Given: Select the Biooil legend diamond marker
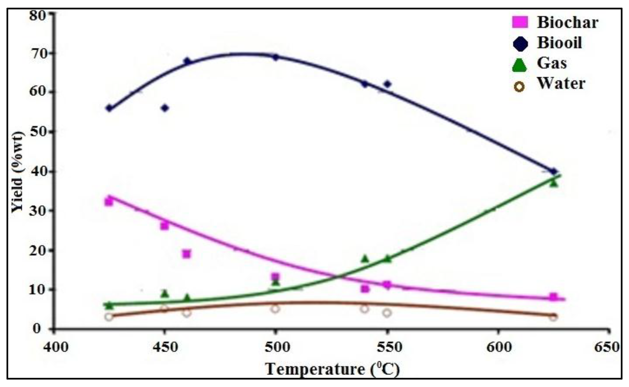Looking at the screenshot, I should pyautogui.click(x=520, y=44).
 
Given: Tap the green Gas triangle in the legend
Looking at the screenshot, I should pyautogui.click(x=520, y=65).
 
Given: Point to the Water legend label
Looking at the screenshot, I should pyautogui.click(x=561, y=84).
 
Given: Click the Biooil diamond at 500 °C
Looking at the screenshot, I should pyautogui.click(x=275, y=57).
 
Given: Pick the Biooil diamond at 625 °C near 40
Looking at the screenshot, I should pyautogui.click(x=553, y=172).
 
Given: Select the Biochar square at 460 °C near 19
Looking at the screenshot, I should pyautogui.click(x=187, y=254).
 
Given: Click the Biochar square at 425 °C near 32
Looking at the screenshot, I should pyautogui.click(x=109, y=202).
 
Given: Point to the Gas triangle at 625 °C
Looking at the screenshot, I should pyautogui.click(x=554, y=183).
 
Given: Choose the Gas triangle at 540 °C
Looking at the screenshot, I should pyautogui.click(x=365, y=259).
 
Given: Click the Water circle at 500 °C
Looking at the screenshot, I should pyautogui.click(x=275, y=309).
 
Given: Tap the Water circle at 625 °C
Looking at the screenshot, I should pyautogui.click(x=553, y=317).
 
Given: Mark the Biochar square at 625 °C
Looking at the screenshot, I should pyautogui.click(x=553, y=297).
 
